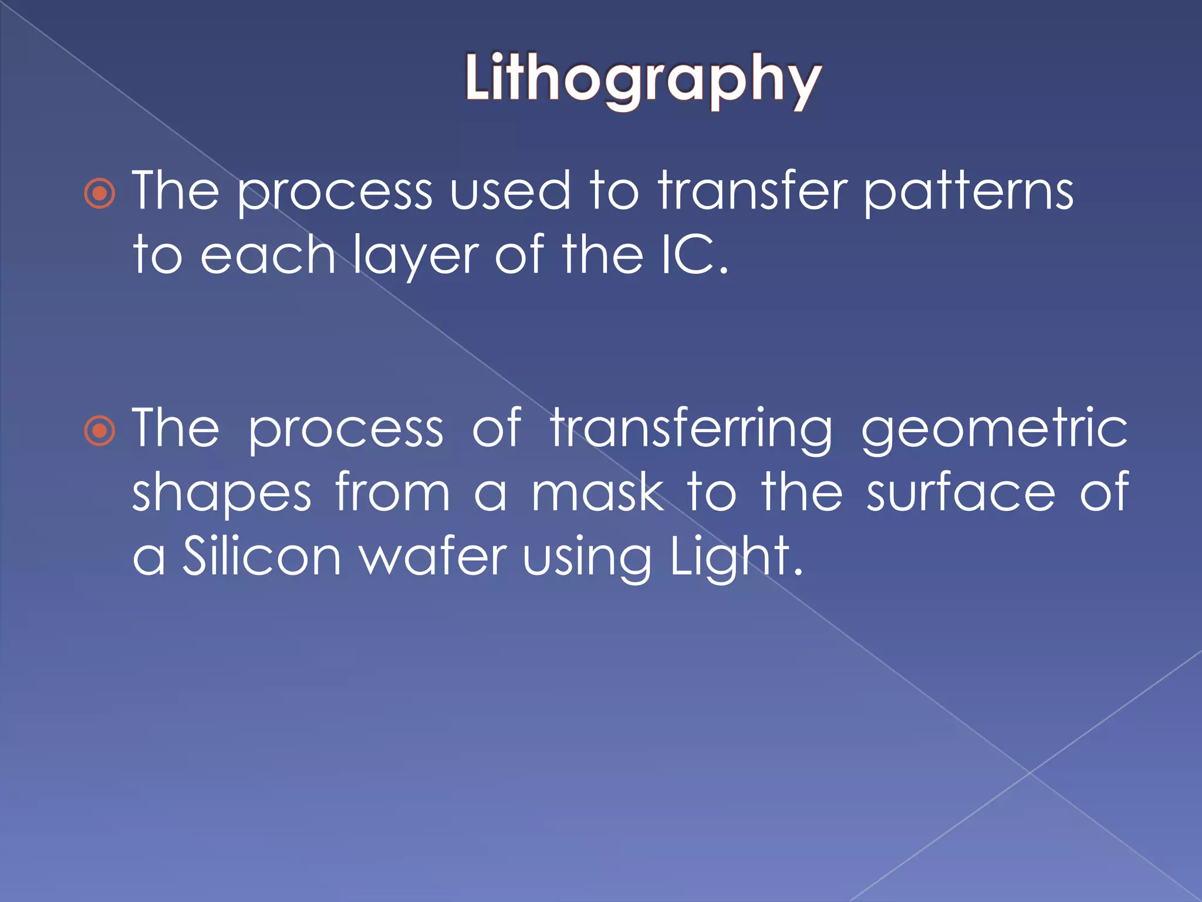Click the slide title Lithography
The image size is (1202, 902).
coord(643,79)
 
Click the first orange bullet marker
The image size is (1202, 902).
coord(100,193)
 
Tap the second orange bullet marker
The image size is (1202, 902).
coord(100,430)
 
